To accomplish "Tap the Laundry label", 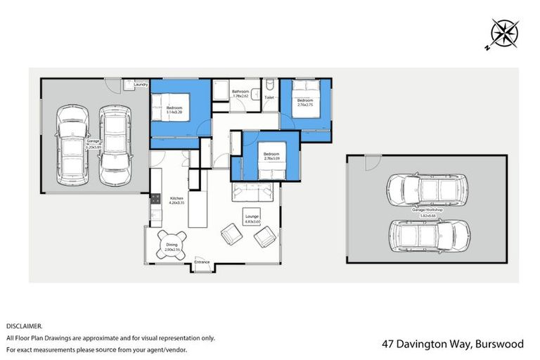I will pos(140,85).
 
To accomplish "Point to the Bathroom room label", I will pos(241,94).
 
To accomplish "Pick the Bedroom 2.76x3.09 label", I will pos(271,156).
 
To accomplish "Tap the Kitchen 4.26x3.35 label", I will pos(176,201).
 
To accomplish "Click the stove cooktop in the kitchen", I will pos(154,204).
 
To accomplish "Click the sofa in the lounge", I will pos(255,191).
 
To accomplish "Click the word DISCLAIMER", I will pos(25,326).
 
